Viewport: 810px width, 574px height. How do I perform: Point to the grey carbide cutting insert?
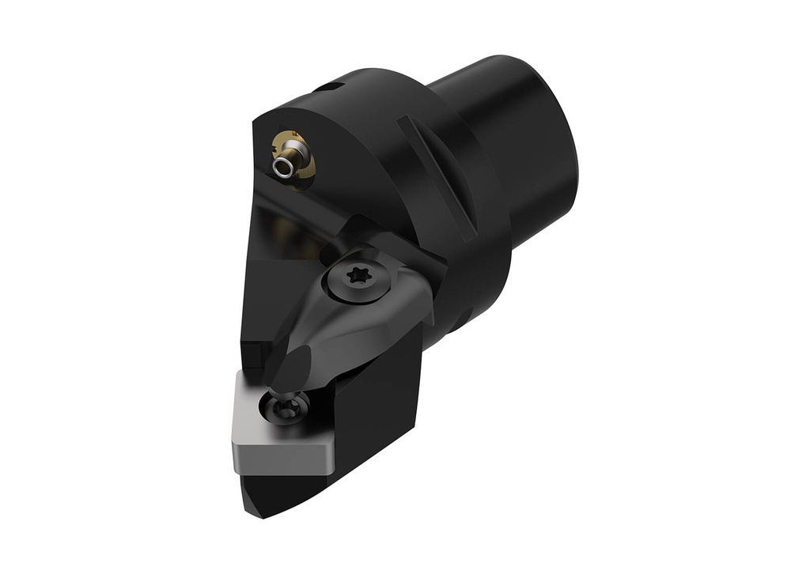click(x=273, y=431)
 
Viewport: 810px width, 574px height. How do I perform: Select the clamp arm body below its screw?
click(x=348, y=332)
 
